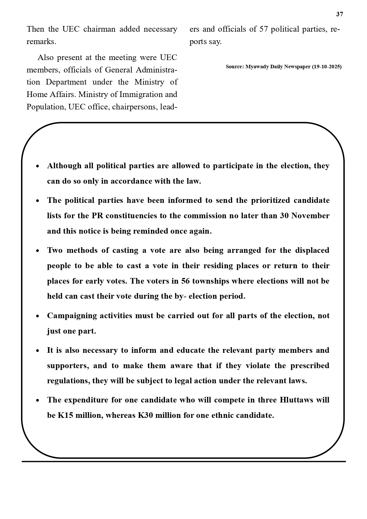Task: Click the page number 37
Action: click(x=339, y=14)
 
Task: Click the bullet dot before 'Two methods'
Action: click(x=38, y=251)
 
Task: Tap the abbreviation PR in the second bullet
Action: click(x=97, y=216)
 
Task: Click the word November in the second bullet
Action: click(x=310, y=216)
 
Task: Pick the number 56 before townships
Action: click(x=185, y=281)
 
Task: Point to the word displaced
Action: click(x=312, y=250)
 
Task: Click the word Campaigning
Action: click(x=72, y=316)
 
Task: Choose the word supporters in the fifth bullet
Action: click(x=68, y=366)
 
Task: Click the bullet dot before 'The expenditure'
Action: click(x=38, y=400)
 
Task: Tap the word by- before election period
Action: click(x=180, y=296)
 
